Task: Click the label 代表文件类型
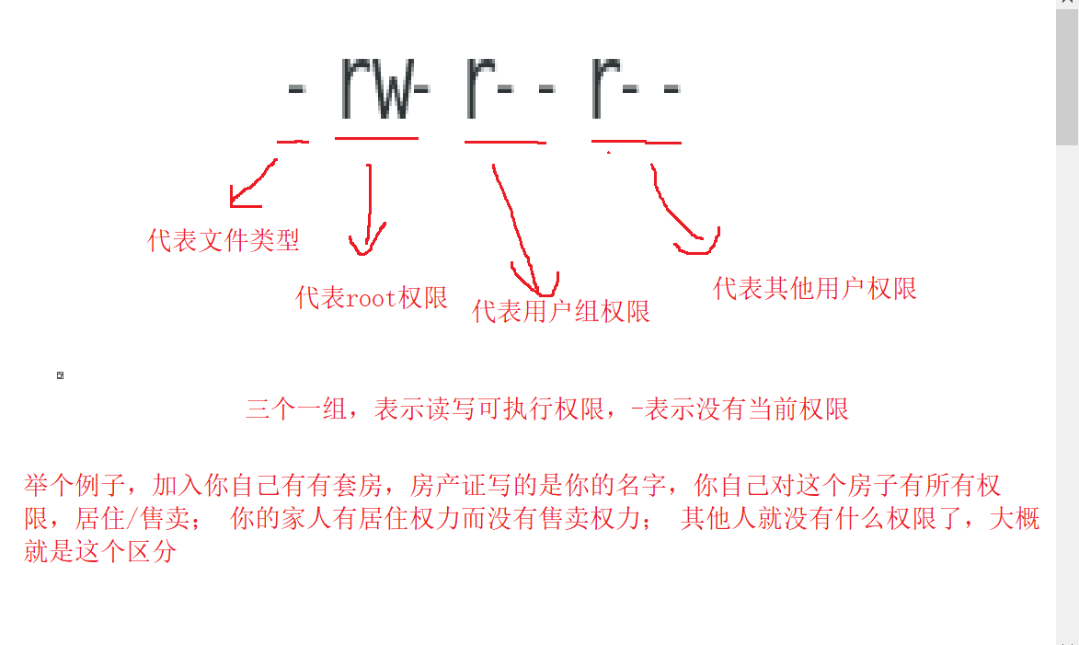tap(224, 241)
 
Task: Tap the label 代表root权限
tap(372, 298)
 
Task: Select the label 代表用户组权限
tap(561, 312)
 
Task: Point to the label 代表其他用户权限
tap(815, 289)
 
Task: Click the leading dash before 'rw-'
tap(295, 91)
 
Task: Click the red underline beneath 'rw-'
tap(377, 139)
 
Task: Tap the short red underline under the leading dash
tap(293, 142)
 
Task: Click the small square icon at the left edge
tap(60, 375)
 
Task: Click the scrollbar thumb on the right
tap(1067, 74)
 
